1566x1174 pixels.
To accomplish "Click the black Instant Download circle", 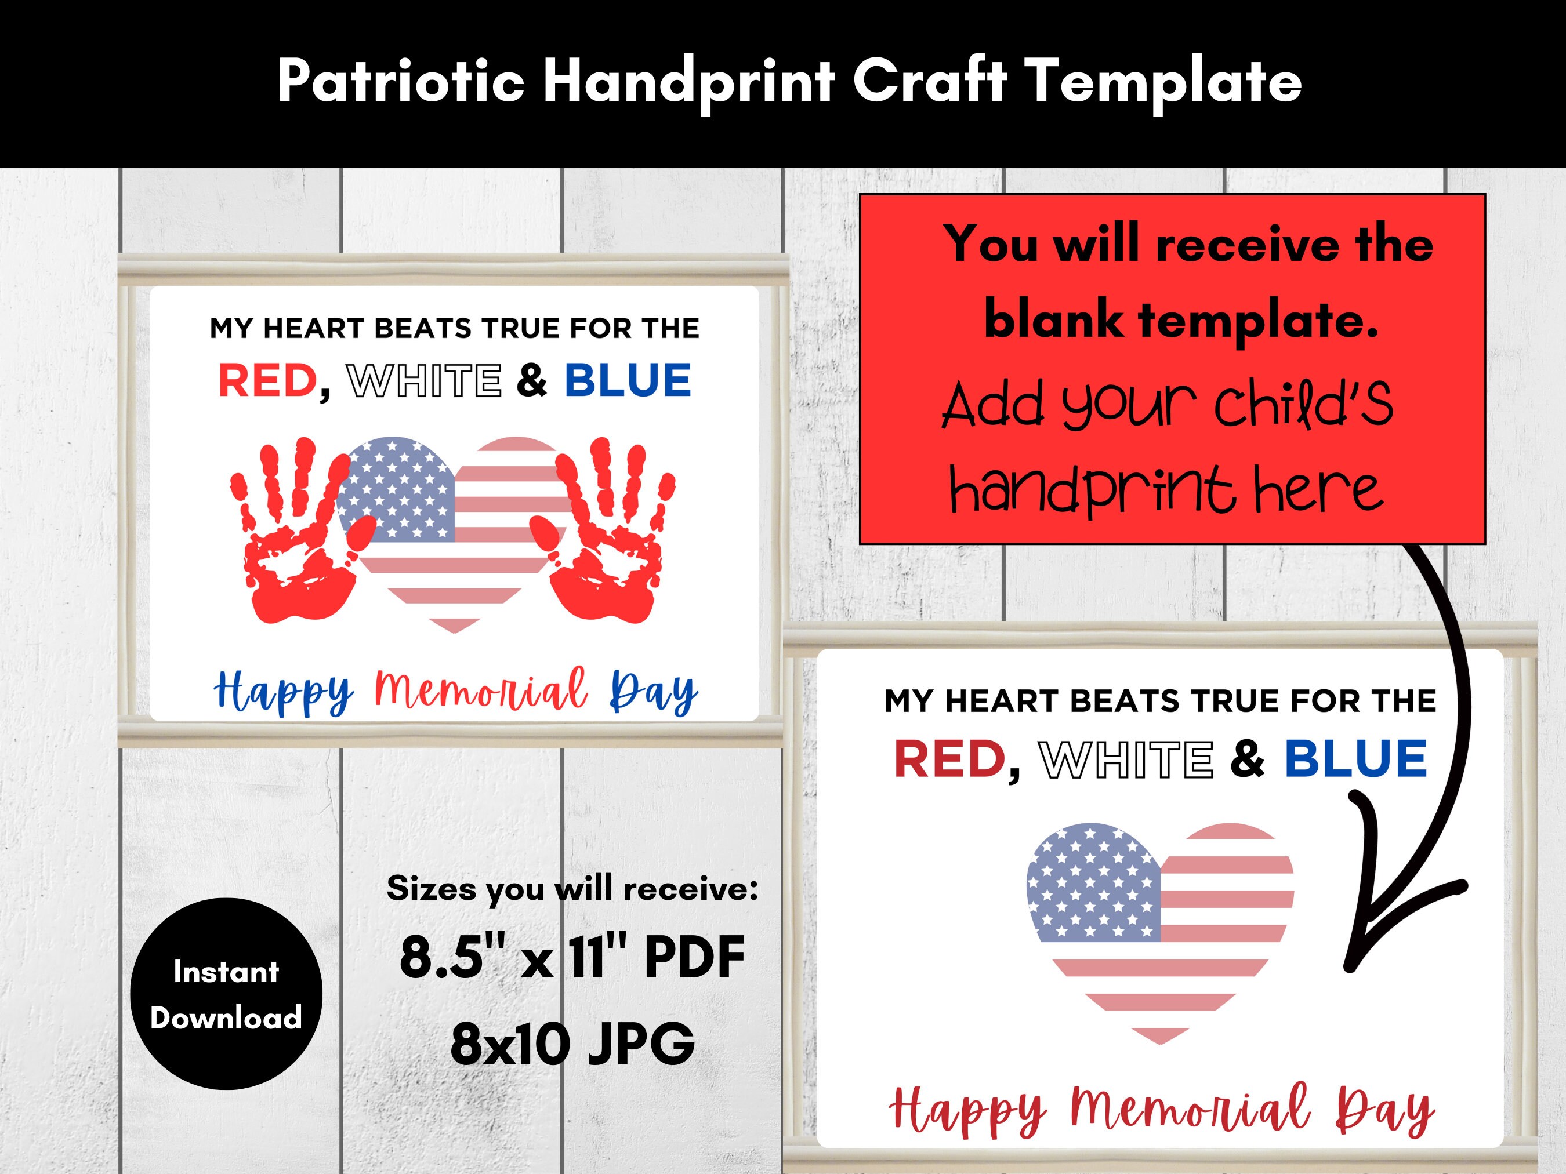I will [x=226, y=994].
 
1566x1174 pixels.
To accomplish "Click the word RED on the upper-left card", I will [x=267, y=381].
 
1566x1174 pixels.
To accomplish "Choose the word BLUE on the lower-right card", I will [x=1355, y=758].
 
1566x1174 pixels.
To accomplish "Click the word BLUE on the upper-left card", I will [x=627, y=381].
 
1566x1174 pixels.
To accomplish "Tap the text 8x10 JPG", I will [x=572, y=1045].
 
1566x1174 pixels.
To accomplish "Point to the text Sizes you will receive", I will [x=572, y=889].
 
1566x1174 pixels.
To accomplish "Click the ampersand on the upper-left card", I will [x=532, y=381].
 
